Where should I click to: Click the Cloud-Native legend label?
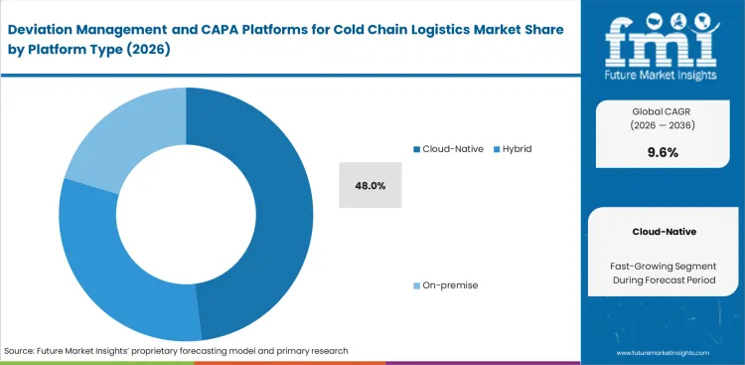452,148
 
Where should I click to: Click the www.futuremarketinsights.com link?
670,353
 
